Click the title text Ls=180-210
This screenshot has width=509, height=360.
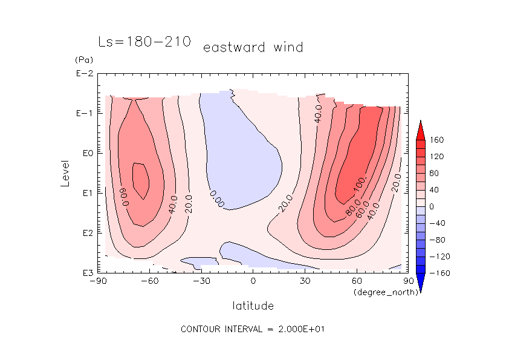pos(144,42)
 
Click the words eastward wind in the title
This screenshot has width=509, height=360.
pos(253,47)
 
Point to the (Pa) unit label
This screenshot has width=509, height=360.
pos(83,60)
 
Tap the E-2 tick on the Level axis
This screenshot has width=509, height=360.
pos(83,74)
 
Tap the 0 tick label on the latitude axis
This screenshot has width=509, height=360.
pos(253,281)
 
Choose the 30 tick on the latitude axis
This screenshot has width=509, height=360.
pos(305,281)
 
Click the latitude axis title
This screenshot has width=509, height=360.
pos(253,306)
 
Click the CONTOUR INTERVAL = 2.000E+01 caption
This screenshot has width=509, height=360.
pos(254,329)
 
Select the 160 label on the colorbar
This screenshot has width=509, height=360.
pos(437,140)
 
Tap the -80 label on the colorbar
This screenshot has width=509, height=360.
pos(437,240)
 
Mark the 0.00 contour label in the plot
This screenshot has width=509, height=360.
pos(217,199)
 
